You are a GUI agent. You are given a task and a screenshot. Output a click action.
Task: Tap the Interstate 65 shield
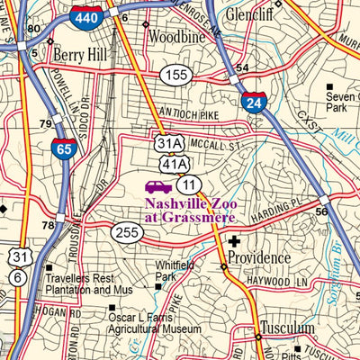[64, 148]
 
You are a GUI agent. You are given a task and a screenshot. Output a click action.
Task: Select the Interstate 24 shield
[253, 100]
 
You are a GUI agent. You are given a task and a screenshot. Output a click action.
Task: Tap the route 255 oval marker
[128, 232]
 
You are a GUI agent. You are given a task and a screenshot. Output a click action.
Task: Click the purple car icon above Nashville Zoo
[158, 186]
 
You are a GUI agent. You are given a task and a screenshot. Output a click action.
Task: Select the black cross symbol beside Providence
[235, 241]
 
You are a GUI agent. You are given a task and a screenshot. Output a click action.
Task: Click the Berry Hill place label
[79, 55]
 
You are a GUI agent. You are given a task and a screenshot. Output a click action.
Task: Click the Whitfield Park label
[175, 270]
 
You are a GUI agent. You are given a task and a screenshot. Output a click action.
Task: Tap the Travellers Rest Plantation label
[89, 285]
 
